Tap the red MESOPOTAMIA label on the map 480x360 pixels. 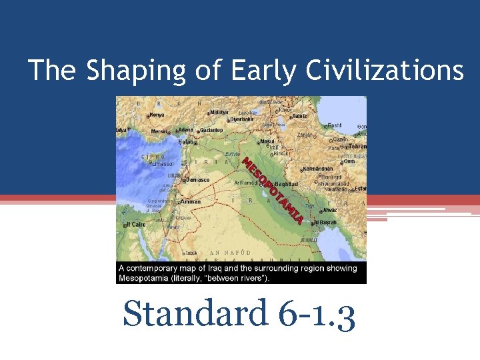tap(273, 191)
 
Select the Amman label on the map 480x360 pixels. tap(190, 201)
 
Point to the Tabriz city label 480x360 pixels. tap(299, 116)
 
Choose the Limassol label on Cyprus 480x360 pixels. tap(162, 163)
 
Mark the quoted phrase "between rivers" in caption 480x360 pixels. tap(236, 278)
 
